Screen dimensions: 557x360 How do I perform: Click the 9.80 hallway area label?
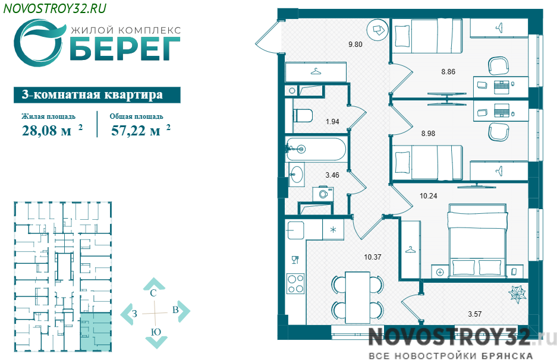(x=355, y=45)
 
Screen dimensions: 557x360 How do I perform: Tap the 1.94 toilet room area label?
(x=332, y=121)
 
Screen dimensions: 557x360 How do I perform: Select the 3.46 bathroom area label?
(x=332, y=175)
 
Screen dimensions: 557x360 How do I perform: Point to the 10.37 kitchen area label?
(x=372, y=257)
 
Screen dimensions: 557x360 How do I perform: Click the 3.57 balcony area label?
(x=474, y=314)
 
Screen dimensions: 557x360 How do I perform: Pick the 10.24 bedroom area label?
(x=429, y=195)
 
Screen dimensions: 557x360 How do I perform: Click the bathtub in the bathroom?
(x=316, y=150)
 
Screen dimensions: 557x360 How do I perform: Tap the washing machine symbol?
(x=323, y=194)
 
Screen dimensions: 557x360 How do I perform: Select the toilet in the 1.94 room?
(x=303, y=116)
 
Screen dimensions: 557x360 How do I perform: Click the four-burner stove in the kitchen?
(x=295, y=284)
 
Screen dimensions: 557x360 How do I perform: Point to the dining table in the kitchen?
(x=358, y=298)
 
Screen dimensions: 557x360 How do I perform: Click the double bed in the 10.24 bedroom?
(x=477, y=241)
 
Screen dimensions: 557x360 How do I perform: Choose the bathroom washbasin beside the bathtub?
(x=296, y=174)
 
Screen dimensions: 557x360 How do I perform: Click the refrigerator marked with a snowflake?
(x=333, y=230)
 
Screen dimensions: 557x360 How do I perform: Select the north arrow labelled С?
(x=153, y=288)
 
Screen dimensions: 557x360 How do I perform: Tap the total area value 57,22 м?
(x=136, y=131)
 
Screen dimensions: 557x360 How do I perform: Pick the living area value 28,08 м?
(x=46, y=131)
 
